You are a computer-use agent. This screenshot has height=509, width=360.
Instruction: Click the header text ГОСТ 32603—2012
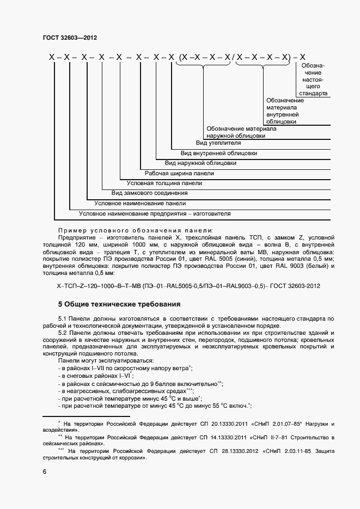point(69,38)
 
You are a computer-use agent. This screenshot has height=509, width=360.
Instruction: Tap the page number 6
point(45,472)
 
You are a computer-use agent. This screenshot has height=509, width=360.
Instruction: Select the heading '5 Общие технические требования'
point(119,304)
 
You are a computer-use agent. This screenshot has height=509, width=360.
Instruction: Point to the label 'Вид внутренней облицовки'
point(219,153)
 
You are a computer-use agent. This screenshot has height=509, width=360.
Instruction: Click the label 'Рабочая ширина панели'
point(179,173)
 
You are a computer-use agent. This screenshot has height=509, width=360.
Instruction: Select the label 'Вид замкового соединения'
point(149,193)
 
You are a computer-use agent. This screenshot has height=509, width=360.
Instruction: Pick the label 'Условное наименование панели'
point(140,203)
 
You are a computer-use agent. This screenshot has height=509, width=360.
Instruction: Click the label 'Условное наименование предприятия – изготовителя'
point(155,213)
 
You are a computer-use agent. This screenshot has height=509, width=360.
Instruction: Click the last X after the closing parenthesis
point(303,57)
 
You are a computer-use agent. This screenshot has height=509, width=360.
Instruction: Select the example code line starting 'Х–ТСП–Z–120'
point(188,286)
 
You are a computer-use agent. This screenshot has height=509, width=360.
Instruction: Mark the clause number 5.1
point(62,318)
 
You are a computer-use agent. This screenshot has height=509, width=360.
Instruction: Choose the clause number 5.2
point(62,332)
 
